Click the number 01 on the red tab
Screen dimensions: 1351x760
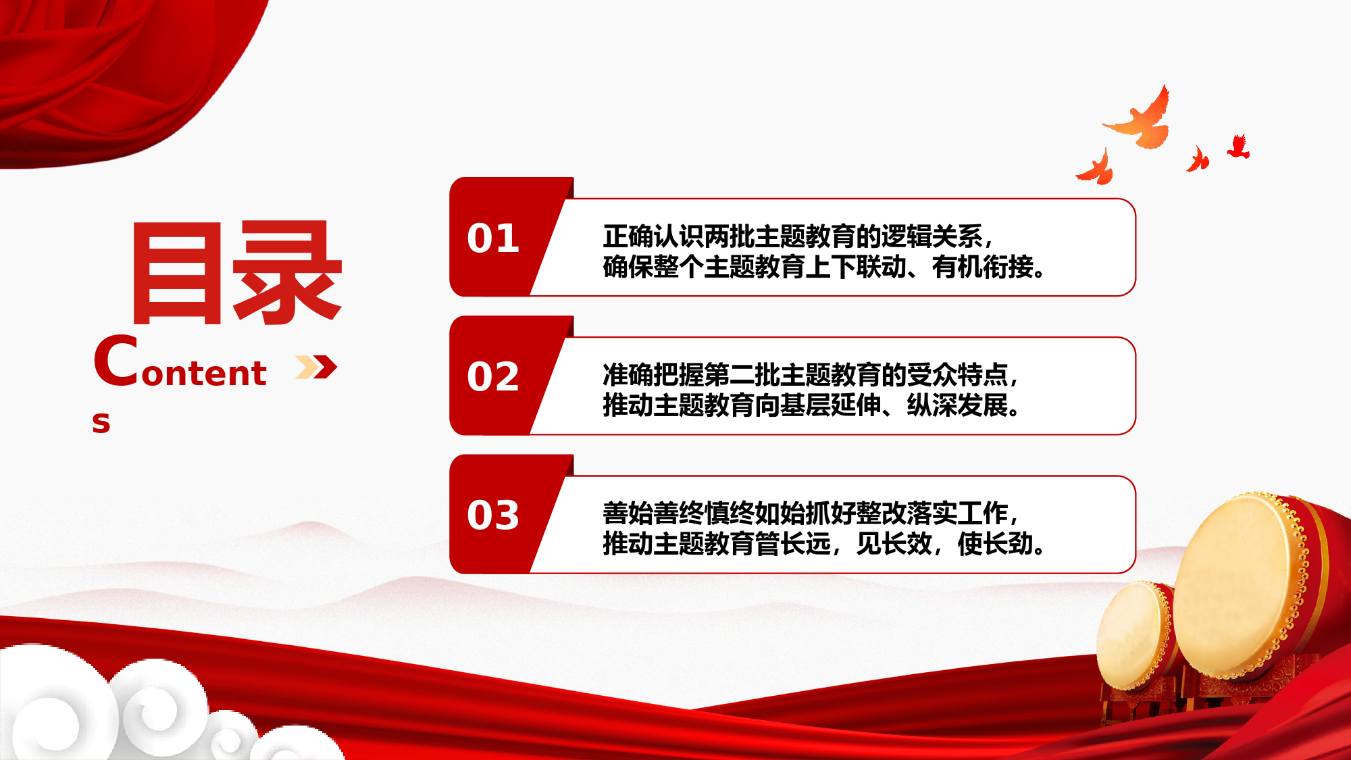click(493, 238)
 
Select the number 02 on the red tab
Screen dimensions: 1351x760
click(493, 376)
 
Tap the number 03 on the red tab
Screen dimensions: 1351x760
click(493, 515)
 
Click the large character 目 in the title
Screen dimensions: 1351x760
click(177, 274)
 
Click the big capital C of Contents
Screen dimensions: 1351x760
click(116, 361)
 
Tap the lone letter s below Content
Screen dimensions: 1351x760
click(101, 422)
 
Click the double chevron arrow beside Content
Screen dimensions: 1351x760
click(316, 367)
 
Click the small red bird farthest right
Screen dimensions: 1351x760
click(1238, 147)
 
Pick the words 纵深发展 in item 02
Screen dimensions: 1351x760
click(957, 405)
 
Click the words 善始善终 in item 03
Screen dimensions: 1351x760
click(653, 513)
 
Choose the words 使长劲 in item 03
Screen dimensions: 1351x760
click(996, 544)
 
